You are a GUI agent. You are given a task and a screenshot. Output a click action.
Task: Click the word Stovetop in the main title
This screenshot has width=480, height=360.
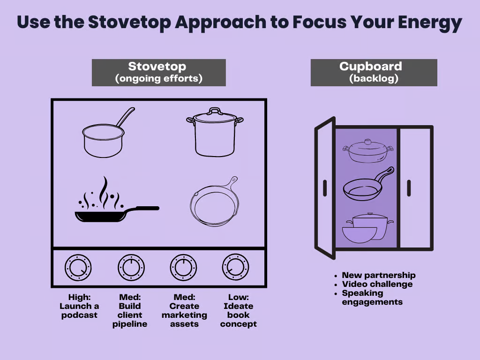pyautogui.click(x=129, y=22)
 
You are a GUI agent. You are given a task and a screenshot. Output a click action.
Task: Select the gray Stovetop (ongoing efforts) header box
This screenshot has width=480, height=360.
pyautogui.click(x=158, y=73)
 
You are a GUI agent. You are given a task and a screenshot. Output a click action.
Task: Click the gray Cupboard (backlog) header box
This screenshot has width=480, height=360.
pyautogui.click(x=374, y=73)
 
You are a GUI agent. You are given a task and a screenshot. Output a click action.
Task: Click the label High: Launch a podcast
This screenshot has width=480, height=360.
pyautogui.click(x=79, y=306)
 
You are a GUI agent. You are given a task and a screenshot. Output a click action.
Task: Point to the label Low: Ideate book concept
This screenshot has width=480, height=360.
pyautogui.click(x=239, y=310)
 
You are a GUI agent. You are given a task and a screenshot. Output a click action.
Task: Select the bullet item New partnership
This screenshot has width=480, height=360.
pyautogui.click(x=379, y=275)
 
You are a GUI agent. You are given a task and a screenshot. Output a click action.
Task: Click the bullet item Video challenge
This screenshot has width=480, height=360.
pyautogui.click(x=377, y=284)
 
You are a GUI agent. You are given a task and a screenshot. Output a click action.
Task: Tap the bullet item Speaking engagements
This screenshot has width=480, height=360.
pyautogui.click(x=372, y=298)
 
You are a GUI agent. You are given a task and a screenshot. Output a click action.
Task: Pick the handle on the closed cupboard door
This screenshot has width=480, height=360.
pyautogui.click(x=409, y=188)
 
